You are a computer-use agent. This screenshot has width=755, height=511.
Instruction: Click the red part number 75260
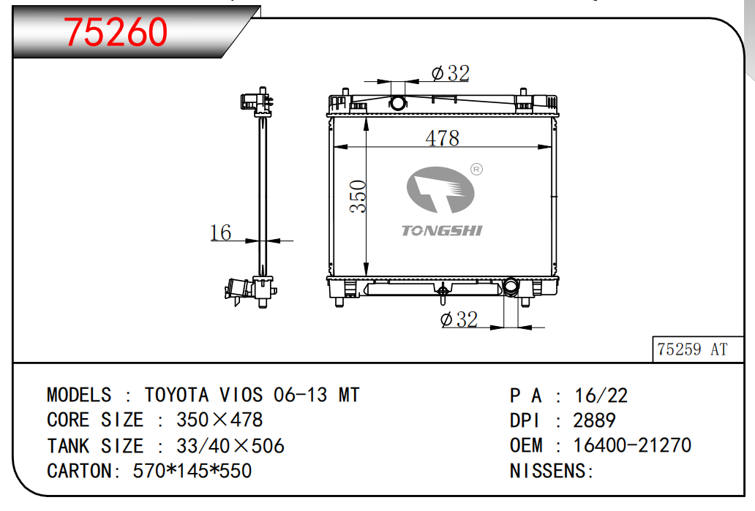116,32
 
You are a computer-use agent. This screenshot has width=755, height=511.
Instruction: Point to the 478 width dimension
442,138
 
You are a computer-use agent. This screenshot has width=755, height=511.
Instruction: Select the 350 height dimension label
358,197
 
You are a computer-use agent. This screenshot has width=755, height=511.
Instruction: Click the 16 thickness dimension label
220,232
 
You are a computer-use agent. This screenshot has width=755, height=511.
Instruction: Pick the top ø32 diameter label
450,73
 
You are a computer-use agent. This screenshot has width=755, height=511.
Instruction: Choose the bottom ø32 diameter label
459,319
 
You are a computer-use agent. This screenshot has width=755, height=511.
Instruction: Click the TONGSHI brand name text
442,231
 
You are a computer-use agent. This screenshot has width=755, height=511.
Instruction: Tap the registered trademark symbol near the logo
476,170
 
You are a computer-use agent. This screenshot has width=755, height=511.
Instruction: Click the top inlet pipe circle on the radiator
398,102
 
